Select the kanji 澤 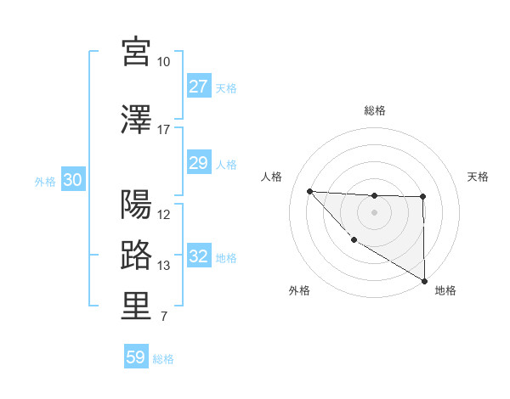136,119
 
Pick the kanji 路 136,256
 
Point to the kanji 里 136,307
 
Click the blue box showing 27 198,87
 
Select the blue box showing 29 198,163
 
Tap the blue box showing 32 198,257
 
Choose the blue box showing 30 72,180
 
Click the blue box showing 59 136,357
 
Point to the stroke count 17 163,130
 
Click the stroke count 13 163,266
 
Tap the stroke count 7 163,318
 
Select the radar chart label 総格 374,110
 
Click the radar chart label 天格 479,177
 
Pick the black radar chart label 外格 299,291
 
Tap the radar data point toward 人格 309,191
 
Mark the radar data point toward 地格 424,281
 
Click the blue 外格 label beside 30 45,181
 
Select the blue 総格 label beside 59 163,359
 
